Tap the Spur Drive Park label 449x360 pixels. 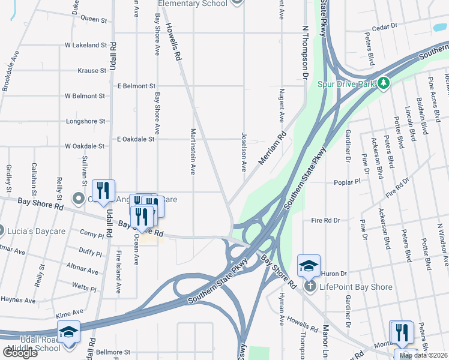pos(355,83)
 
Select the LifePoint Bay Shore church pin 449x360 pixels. pos(310,285)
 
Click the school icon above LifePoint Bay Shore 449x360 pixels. pos(309,265)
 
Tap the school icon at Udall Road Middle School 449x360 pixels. pos(68,331)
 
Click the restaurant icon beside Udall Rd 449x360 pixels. pos(103,190)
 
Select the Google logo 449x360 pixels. pos(19,353)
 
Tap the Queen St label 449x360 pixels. pos(93,20)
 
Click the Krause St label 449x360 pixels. pos(92,71)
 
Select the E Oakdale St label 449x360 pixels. pos(136,139)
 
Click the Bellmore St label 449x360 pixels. pos(113,352)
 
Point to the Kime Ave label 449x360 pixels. pos(69,313)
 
